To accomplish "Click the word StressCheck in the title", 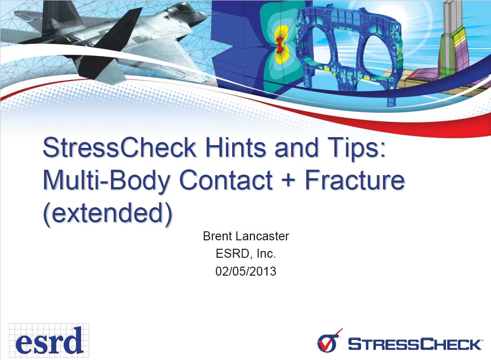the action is [x=119, y=147].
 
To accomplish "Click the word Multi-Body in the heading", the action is [x=107, y=181].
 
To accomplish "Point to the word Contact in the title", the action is [x=226, y=180].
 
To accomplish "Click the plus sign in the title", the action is [x=288, y=181].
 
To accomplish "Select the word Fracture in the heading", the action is [x=355, y=180].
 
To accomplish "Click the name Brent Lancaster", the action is [x=246, y=236].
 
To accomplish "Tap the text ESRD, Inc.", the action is [x=246, y=253].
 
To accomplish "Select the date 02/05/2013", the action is [x=246, y=271].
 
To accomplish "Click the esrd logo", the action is [x=49, y=341].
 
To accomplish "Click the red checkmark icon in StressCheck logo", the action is [x=329, y=341].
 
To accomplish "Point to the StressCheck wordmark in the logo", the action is [x=415, y=344].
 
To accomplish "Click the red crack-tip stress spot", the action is [x=279, y=45].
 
